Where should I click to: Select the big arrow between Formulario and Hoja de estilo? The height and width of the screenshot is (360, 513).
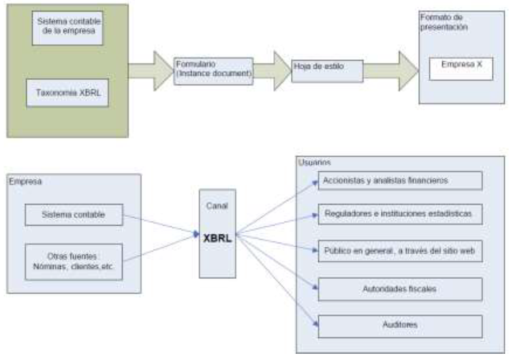273,70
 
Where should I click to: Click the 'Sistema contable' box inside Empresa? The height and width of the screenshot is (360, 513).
74,216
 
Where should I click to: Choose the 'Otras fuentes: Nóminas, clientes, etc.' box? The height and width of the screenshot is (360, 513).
74,261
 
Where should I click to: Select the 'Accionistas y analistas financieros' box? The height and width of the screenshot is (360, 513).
400,181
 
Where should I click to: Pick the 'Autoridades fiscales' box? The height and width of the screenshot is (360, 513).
400,288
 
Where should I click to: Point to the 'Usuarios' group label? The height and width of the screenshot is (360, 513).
313,162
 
